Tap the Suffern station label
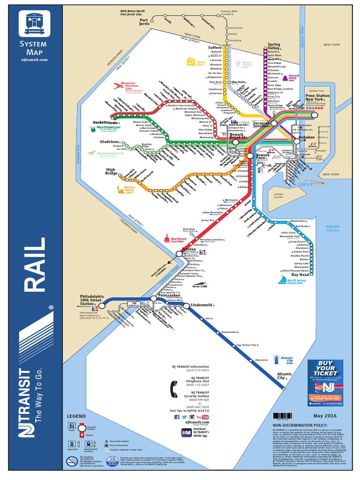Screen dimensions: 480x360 click(215, 47)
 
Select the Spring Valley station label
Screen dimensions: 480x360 click(274, 47)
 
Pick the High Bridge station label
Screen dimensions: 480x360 click(111, 172)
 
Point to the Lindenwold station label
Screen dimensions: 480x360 click(203, 305)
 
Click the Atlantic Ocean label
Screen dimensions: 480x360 click(332, 228)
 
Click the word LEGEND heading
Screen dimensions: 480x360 click(77, 416)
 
